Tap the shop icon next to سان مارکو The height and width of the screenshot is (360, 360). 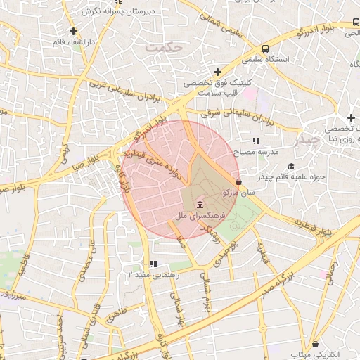(x=239, y=181)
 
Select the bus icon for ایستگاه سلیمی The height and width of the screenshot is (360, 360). (x=265, y=49)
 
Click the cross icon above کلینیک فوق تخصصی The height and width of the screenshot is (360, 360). (x=217, y=72)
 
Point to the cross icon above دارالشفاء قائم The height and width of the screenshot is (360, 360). (x=74, y=31)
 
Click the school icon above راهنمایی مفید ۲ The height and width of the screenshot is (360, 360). (x=153, y=264)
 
